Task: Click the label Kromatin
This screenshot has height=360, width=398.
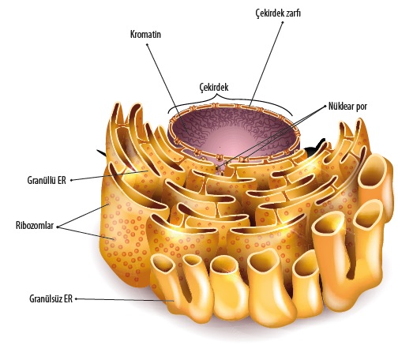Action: tap(145, 35)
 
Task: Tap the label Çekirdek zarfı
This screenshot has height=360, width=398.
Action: tap(278, 13)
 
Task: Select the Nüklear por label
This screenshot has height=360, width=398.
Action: tap(347, 107)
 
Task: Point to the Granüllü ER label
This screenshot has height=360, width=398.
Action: tap(47, 180)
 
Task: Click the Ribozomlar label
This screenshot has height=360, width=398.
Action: tap(35, 226)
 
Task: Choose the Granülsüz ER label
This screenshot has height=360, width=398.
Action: tap(51, 299)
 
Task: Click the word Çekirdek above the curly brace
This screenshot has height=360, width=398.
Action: tap(214, 87)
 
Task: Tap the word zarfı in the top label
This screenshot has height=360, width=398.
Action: tap(291, 13)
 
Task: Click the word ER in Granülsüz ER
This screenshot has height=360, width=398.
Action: tap(68, 299)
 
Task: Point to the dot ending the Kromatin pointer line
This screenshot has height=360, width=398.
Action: tap(147, 44)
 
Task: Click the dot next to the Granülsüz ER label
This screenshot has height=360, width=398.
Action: tap(76, 299)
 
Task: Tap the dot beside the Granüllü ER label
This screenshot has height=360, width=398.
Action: tap(71, 180)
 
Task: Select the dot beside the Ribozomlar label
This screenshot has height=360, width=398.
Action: tap(57, 227)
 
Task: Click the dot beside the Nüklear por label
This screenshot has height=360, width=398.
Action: tap(325, 107)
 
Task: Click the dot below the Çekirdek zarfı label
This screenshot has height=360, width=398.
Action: tap(283, 22)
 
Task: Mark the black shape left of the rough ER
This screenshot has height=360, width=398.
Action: tap(102, 153)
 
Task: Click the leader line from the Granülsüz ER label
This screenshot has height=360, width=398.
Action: tap(125, 300)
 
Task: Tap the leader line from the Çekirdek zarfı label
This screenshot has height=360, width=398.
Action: tap(266, 65)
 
